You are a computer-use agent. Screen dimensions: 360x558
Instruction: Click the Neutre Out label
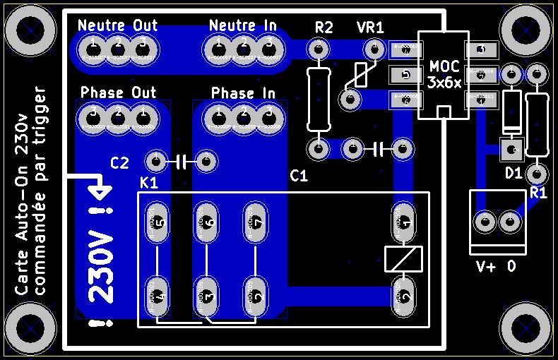117,25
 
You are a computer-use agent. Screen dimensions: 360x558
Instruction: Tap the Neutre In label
243,25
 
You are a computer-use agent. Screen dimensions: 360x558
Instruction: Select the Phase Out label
118,92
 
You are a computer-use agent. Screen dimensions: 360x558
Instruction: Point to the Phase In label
243,92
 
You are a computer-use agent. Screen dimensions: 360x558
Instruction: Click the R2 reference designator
323,28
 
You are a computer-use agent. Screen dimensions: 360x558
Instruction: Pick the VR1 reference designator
370,28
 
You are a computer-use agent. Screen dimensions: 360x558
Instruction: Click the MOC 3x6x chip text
444,75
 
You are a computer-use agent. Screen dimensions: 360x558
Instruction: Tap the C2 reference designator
120,163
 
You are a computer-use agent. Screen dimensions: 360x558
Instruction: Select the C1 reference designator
299,176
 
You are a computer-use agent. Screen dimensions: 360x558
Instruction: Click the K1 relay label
149,183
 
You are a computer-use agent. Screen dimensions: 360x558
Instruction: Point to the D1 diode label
513,173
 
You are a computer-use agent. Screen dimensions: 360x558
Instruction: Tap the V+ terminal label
487,267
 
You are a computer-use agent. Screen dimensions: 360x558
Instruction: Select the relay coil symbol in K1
403,258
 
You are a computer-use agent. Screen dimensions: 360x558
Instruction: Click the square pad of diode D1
510,149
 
